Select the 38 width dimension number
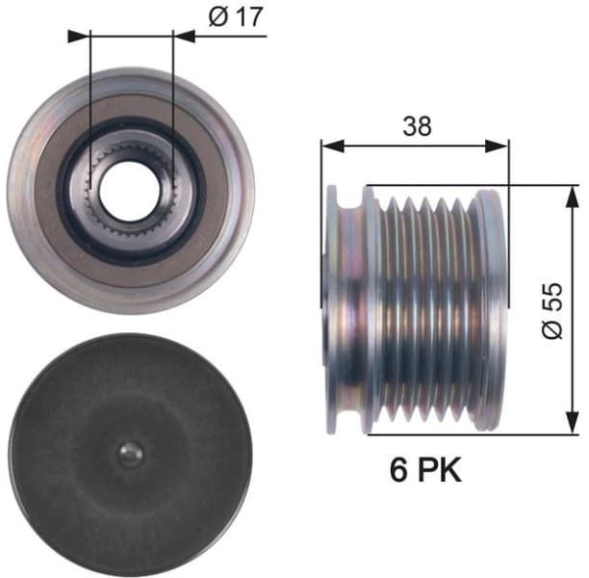coord(417,125)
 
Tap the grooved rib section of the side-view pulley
coord(428,308)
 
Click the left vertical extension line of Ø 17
coord(89,96)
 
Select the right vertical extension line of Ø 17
coord(173,96)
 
